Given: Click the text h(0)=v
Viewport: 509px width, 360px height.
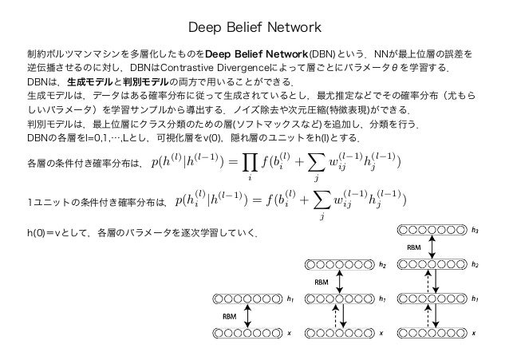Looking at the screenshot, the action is (x=49, y=234).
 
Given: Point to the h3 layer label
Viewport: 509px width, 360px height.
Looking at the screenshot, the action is (x=475, y=232).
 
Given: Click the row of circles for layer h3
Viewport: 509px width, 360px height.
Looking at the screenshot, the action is (x=432, y=232).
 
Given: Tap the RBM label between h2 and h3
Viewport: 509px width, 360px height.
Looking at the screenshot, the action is (x=414, y=248).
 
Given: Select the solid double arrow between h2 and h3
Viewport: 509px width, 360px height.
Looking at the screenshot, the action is (x=432, y=248).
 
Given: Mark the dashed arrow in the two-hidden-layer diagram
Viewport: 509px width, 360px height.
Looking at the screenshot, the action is (x=345, y=316).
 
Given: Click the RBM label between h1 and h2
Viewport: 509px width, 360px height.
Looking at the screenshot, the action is (x=323, y=282).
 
